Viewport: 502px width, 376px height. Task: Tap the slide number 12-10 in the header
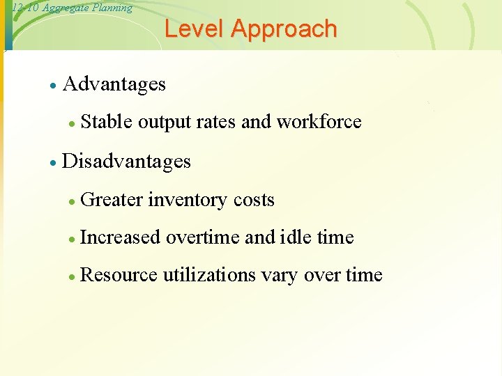tap(25, 8)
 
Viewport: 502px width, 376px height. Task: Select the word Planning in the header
tap(111, 8)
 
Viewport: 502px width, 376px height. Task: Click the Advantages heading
tap(114, 84)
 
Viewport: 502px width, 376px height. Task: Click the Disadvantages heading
tap(126, 162)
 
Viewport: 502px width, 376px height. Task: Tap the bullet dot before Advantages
tap(52, 86)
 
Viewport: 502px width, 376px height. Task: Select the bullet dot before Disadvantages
tap(52, 163)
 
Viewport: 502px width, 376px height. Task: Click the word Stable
tap(107, 122)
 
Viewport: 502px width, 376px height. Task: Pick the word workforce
tap(319, 122)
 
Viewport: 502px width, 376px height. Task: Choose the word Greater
tap(112, 200)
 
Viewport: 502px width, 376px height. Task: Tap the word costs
tap(254, 200)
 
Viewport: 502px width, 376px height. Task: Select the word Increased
tap(120, 237)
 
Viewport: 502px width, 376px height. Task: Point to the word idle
tap(296, 237)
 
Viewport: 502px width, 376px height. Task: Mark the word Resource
tap(119, 275)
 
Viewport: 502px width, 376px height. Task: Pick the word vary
tap(280, 276)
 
